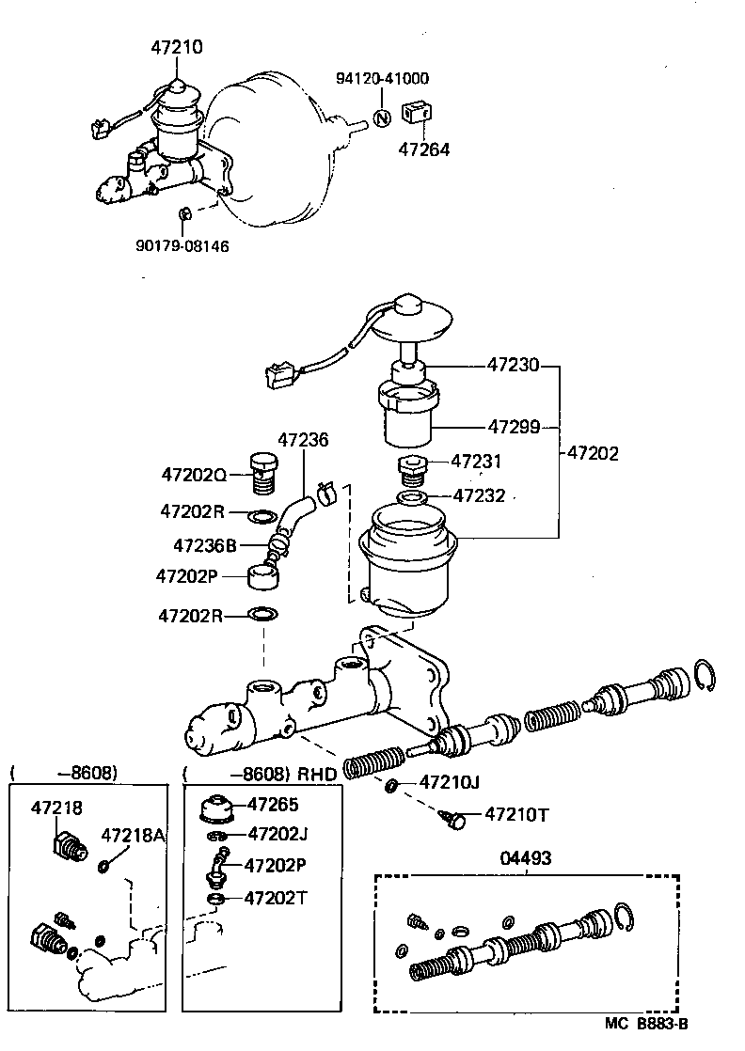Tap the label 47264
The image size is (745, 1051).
tap(423, 149)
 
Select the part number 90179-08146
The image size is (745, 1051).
tap(182, 245)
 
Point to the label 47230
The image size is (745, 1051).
tap(513, 365)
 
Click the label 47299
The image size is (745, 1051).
tap(513, 427)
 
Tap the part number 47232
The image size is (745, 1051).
tap(480, 494)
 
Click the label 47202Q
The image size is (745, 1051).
tap(193, 476)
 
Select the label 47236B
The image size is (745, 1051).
tap(205, 544)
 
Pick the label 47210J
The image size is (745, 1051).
tap(450, 781)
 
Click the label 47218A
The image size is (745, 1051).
tap(133, 835)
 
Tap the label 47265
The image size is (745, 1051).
tap(272, 804)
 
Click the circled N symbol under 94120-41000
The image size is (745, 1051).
tap(383, 118)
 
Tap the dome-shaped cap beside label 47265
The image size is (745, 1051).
tap(218, 810)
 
